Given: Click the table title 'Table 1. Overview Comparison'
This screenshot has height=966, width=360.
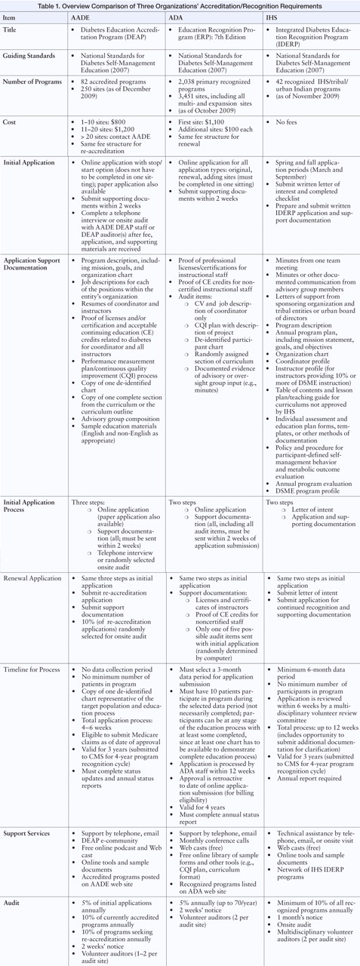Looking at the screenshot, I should click(180, 6).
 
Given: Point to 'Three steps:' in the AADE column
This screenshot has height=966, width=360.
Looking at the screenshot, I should click(87, 502).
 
